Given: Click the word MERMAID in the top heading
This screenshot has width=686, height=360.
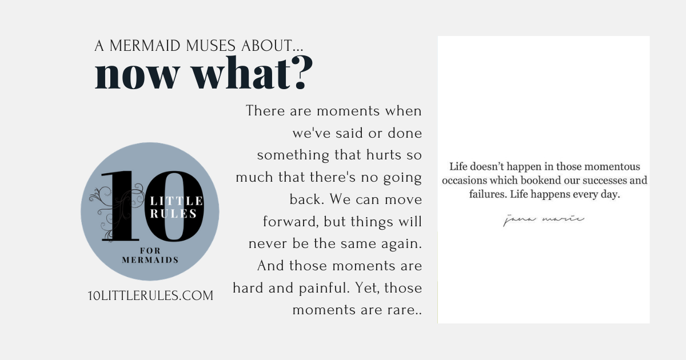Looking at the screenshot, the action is point(145,46).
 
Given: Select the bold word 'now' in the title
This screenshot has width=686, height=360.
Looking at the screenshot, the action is point(137,75).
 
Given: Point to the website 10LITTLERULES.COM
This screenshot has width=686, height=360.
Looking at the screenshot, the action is point(150,296).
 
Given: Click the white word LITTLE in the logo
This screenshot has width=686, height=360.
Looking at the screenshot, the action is point(176,201).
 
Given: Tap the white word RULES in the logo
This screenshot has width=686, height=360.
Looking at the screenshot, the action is point(173,214).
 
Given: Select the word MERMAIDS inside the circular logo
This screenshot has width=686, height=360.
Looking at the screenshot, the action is point(150,260).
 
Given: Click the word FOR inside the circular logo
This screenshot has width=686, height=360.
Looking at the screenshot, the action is point(150,251).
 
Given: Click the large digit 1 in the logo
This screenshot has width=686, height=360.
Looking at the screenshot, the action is point(121,206).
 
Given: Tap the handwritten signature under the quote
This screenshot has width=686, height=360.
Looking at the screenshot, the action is point(544,219).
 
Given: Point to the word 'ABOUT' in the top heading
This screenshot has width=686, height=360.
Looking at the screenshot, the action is point(267,46).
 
